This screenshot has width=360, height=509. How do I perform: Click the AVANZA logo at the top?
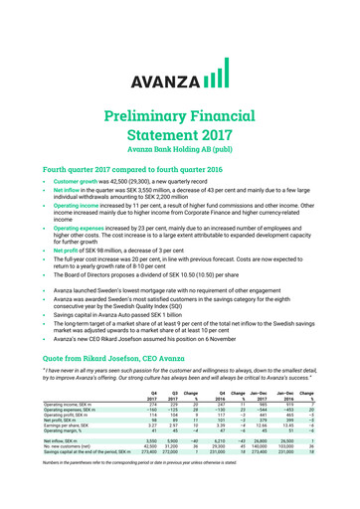179,48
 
